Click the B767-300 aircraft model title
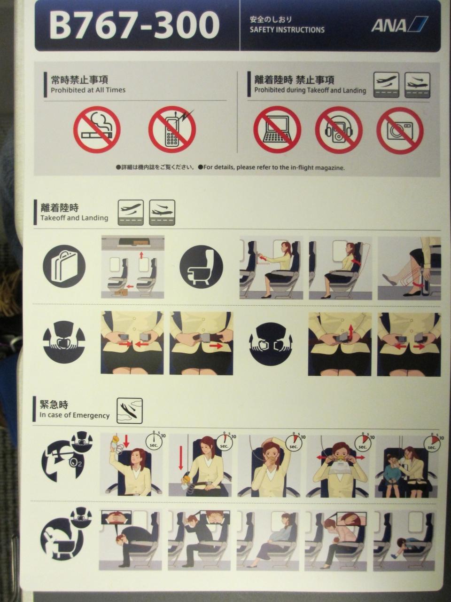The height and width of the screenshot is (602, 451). coord(134,25)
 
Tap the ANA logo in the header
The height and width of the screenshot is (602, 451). coord(399,24)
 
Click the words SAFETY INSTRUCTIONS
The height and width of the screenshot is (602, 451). coord(287,30)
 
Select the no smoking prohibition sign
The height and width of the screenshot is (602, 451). coord(97,130)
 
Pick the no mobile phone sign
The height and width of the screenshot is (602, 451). coord(172,129)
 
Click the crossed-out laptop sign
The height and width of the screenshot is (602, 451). coord(277,130)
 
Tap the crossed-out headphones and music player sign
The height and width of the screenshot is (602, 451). coord(339,130)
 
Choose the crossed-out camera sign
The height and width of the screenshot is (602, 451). coord(400,130)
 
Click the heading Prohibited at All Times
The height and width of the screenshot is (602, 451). coord(88,90)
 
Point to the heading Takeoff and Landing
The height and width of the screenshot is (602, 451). coord(74,218)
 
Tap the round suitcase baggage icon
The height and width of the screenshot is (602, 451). coord(64,266)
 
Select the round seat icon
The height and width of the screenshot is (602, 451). coord(201,267)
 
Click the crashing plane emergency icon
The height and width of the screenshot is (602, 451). coord(130,411)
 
